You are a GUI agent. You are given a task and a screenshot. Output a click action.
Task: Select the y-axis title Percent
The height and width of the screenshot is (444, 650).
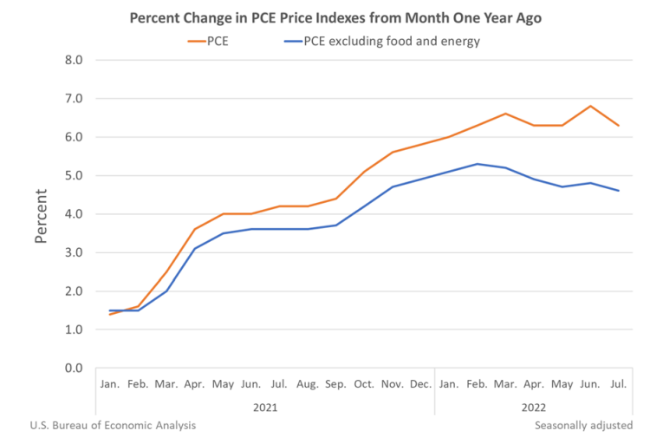pyautogui.click(x=41, y=213)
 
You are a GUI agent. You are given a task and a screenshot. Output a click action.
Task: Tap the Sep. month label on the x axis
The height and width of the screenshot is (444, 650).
pyautogui.click(x=335, y=384)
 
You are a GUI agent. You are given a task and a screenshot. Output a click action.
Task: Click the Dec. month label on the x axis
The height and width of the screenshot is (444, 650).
pyautogui.click(x=420, y=384)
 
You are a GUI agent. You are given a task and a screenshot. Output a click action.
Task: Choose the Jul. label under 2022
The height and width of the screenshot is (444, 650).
pyautogui.click(x=618, y=384)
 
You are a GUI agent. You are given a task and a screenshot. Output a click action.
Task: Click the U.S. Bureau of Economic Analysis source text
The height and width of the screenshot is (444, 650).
pyautogui.click(x=113, y=425)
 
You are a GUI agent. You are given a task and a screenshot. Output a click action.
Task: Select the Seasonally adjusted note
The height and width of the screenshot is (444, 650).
pyautogui.click(x=583, y=425)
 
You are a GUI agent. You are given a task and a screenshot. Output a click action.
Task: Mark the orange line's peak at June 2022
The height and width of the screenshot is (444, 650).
pyautogui.click(x=589, y=106)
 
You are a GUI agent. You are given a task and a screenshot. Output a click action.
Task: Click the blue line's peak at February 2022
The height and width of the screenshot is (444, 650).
pyautogui.click(x=477, y=164)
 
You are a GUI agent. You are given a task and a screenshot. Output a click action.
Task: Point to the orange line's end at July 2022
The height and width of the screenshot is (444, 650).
pyautogui.click(x=618, y=126)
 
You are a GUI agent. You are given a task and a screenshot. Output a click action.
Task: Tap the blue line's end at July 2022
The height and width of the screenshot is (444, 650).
pyautogui.click(x=618, y=191)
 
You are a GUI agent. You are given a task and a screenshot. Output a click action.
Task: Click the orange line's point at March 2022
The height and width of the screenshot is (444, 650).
pyautogui.click(x=505, y=114)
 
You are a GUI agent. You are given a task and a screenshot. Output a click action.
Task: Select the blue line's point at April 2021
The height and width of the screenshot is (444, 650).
pyautogui.click(x=194, y=249)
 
